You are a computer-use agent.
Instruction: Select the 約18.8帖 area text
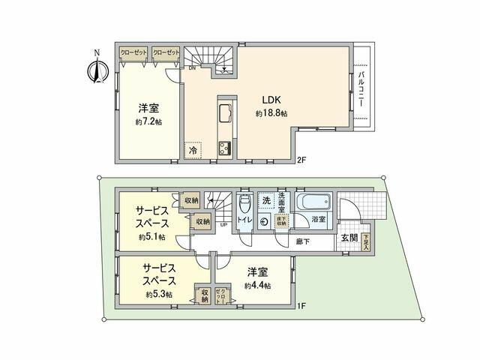271,113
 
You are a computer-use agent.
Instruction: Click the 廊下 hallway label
303,241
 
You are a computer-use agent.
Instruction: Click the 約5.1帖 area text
151,237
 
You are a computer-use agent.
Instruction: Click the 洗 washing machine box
266,201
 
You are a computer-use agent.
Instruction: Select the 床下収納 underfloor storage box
281,220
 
